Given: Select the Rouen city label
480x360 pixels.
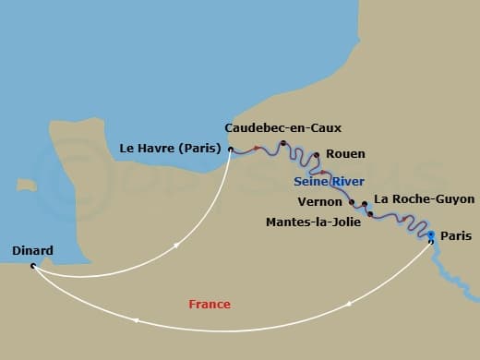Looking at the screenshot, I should tap(346, 154).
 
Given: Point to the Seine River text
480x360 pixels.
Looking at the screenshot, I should tap(329, 181).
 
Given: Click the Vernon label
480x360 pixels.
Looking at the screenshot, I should tap(320, 201).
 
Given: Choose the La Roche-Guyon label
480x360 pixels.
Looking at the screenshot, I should tap(425, 198).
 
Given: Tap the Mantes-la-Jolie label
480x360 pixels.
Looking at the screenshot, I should tap(313, 222).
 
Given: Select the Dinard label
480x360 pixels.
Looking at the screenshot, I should tap(33, 250).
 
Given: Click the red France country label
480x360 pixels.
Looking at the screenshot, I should tap(210, 304).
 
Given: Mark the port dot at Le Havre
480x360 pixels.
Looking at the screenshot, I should tap(230, 149).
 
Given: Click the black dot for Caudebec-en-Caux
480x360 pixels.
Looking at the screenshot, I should tap(282, 143).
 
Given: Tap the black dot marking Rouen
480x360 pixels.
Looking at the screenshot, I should tap(317, 155).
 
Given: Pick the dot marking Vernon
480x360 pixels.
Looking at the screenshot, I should tap(352, 202).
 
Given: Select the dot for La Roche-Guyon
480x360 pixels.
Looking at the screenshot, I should tap(365, 204).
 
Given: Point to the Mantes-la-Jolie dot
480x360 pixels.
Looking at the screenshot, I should tap(370, 214).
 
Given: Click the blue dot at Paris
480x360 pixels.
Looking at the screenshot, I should tap(430, 235).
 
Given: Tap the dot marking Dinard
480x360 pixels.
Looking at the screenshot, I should tap(33, 266).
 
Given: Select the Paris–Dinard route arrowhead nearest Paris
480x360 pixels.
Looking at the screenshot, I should tap(350, 303).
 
